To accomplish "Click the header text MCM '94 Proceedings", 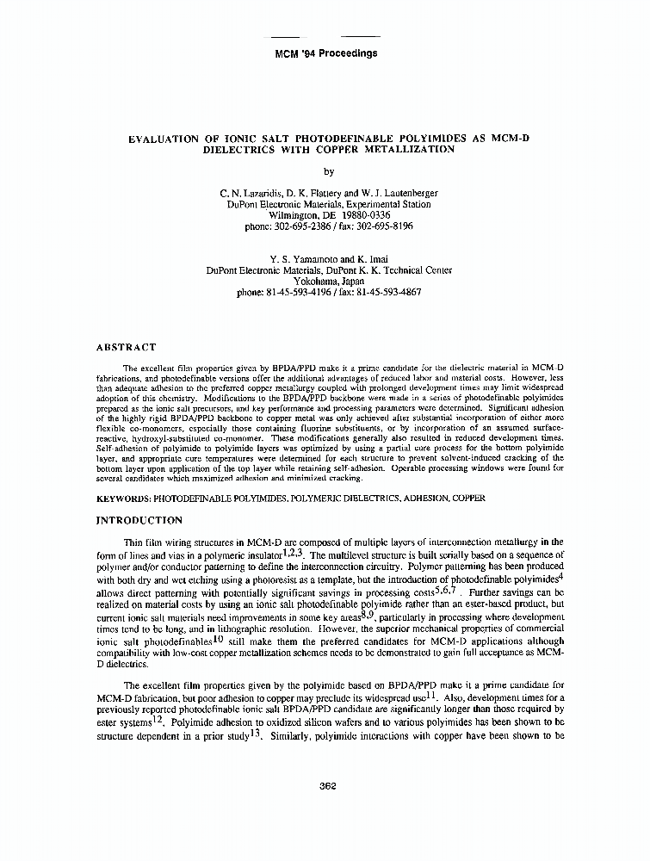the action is coord(325,53).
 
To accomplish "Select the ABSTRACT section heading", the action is coord(127,348).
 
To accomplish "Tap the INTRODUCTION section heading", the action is coord(139,520).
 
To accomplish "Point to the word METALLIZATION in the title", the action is coord(403,148).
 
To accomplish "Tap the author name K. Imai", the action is coord(363,258).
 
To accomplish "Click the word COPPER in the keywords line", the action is coord(467,498).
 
